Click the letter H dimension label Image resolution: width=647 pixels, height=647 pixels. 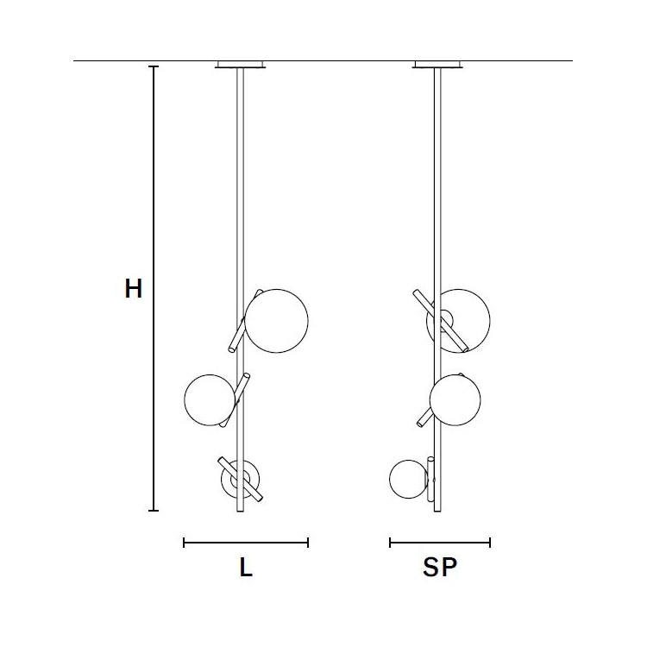[133, 289]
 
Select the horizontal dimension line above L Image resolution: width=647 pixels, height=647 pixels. [246, 543]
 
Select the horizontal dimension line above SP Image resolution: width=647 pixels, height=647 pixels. [440, 543]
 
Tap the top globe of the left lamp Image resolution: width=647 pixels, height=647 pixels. [277, 321]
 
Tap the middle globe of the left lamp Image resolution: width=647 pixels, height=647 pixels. [210, 399]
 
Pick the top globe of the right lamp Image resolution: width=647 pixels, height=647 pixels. [458, 320]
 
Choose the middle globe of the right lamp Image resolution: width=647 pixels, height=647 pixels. [455, 399]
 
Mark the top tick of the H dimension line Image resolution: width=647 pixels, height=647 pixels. [154, 66]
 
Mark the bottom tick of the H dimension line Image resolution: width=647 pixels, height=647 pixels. [154, 511]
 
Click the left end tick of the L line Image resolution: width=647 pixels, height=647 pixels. [185, 543]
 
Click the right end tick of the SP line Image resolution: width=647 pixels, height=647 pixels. [490, 543]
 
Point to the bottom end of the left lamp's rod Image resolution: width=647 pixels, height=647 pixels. [241, 511]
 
